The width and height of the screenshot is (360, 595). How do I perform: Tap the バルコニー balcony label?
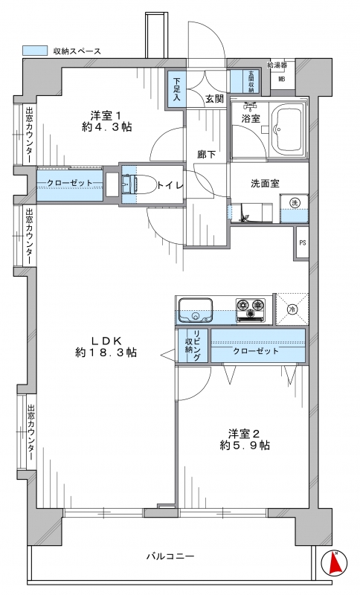[171, 556]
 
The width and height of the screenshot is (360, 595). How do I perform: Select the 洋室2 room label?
[244, 434]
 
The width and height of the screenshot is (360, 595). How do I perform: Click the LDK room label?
[106, 340]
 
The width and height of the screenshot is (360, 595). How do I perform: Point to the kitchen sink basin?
[196, 310]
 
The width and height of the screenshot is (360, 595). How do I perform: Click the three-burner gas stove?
[251, 309]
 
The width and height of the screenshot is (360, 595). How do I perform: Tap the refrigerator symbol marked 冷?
[292, 309]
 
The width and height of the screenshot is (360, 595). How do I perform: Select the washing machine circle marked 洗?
[295, 202]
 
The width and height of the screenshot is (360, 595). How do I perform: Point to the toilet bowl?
[145, 184]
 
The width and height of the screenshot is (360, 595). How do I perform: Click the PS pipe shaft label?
[302, 243]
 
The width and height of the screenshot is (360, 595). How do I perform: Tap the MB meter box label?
[282, 80]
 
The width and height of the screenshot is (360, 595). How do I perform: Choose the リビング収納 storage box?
[193, 346]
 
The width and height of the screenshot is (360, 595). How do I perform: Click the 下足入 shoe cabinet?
[176, 89]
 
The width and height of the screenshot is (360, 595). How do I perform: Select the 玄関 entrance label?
[214, 99]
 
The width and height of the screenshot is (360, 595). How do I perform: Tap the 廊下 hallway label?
[207, 155]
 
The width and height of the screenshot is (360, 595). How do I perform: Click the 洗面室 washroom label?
[265, 184]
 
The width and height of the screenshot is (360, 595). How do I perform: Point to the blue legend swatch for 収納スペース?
[35, 51]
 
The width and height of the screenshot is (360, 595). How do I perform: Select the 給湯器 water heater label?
[277, 65]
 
